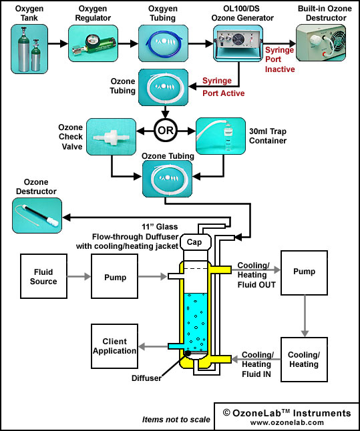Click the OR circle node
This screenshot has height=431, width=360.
[166, 131]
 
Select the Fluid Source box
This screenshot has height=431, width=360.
[43, 276]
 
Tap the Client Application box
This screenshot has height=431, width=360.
[114, 346]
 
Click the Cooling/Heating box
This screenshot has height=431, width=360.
[304, 360]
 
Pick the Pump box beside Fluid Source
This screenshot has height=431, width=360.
[114, 276]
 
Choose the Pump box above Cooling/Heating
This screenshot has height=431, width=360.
[304, 273]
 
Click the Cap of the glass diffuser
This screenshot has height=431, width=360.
[196, 242]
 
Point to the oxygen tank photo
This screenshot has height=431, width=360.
[29, 49]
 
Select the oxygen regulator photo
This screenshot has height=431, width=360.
[93, 43]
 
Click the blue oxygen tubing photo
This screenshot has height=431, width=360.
[163, 43]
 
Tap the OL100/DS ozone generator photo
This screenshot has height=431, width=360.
[238, 43]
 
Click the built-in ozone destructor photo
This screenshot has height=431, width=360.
[321, 43]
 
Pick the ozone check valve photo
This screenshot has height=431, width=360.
[111, 137]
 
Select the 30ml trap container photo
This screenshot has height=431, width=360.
[220, 136]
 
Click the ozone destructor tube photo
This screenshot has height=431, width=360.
[37, 215]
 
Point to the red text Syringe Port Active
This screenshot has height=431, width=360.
[224, 87]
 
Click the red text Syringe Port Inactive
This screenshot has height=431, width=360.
[280, 59]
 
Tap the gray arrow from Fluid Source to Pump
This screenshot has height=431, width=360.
[79, 276]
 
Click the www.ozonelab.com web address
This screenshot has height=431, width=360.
[287, 422]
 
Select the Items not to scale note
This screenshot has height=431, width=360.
[176, 419]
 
